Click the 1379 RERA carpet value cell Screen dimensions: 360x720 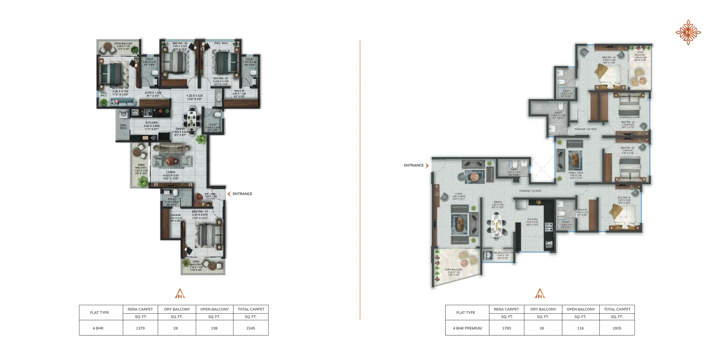pos(140,328)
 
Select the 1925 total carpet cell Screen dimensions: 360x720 pos(617,328)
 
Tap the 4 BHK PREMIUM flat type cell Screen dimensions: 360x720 pos(467,328)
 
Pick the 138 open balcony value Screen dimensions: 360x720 pos(214,328)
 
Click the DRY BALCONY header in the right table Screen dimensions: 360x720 pos(543,309)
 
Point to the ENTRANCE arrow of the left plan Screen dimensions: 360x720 pos(229,194)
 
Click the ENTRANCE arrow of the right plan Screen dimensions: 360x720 pos(427,165)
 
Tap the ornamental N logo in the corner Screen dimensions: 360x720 pos(688,32)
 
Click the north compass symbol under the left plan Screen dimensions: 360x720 pos(180,293)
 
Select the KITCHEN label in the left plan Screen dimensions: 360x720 pos(152,123)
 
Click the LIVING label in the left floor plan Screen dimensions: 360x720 pos(171,172)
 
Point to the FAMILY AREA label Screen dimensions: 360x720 pos(576,173)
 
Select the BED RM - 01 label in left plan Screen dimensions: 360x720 pos(200,212)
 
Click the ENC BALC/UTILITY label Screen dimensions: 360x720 pos(503,253)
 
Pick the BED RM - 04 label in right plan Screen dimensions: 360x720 pos(609,57)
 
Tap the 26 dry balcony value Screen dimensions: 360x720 pos(542,328)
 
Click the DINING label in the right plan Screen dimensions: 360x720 pos(498,202)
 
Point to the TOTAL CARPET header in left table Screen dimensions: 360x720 pos(251,309)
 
